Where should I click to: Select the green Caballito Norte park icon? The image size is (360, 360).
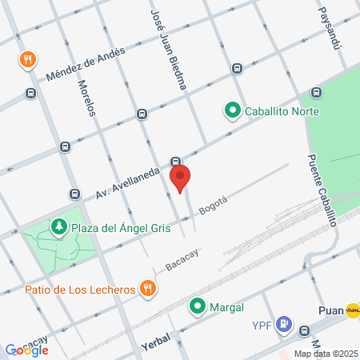233,110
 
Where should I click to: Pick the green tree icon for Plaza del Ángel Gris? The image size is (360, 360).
58,228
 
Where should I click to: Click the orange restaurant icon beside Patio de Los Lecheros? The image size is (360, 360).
146,289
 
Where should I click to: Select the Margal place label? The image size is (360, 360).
226,306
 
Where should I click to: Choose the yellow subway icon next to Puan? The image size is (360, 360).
353,310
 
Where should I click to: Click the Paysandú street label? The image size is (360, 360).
328,28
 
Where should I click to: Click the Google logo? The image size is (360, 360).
26,350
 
